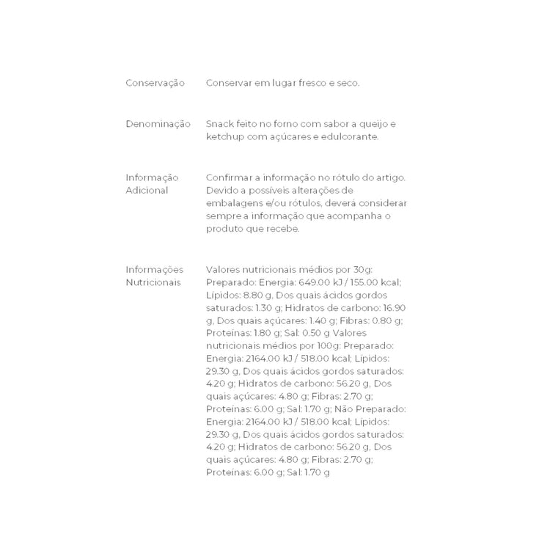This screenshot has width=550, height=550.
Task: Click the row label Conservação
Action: [155, 84]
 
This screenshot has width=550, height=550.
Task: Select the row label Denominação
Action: [158, 124]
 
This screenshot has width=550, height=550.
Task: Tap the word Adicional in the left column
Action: [147, 190]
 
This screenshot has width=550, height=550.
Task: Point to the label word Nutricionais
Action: [153, 282]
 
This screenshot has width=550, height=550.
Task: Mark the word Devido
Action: [222, 190]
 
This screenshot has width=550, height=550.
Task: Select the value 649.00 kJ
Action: [314, 282]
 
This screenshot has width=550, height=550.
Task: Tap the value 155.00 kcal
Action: [373, 282]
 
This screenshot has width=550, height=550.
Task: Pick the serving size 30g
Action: [384, 269]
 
